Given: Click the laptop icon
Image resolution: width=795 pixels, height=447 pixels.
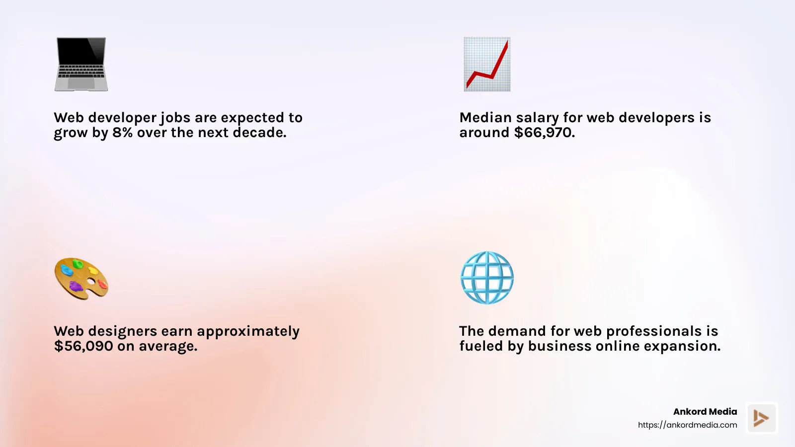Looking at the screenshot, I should [x=81, y=64].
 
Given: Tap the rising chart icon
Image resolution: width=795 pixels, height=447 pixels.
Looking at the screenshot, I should [x=487, y=64].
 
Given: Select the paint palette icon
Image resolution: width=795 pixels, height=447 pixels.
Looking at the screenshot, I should [x=81, y=278].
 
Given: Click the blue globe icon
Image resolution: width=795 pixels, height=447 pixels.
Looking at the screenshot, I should [x=487, y=278].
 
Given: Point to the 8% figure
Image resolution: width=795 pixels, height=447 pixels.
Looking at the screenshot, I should [x=122, y=133].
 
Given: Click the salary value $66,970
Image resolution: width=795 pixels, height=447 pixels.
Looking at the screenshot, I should [x=544, y=133].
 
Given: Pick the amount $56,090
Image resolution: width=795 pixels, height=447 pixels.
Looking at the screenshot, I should [x=83, y=346].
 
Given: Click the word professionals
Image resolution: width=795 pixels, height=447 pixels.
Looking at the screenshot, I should [x=654, y=332].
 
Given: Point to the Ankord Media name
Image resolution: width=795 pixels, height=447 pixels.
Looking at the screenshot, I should [x=705, y=412].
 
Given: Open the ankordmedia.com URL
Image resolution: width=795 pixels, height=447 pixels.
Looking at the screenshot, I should [x=688, y=425].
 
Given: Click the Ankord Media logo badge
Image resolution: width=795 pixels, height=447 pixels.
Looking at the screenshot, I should [x=761, y=418].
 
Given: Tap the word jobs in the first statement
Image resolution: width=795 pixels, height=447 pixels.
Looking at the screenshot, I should [x=175, y=118].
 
